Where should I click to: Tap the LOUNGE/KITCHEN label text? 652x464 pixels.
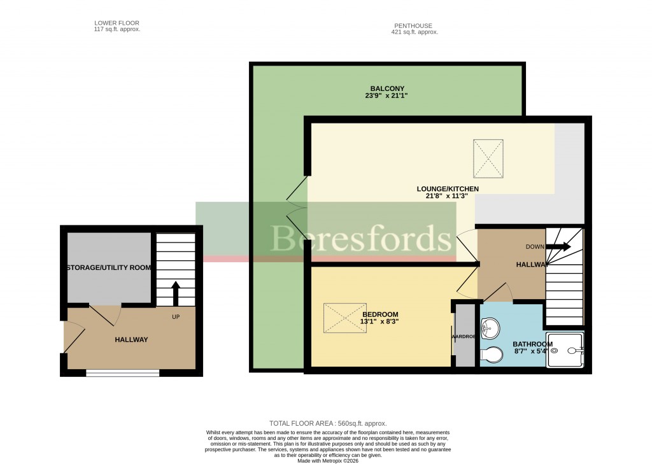(447, 189)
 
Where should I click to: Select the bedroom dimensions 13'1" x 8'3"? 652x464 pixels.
(380, 322)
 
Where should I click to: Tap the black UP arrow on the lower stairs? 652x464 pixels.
(176, 294)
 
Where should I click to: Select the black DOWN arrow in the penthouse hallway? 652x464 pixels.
(558, 246)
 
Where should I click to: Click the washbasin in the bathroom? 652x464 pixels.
(491, 328)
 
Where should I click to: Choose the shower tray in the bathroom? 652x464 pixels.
(565, 349)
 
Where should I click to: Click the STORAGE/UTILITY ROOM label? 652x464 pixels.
(109, 268)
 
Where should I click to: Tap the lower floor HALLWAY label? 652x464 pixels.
(131, 340)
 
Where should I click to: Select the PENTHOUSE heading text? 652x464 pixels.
(415, 25)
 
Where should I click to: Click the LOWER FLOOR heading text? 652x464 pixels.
(117, 23)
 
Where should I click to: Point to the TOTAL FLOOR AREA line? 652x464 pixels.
(328, 423)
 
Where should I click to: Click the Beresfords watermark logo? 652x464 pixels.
(363, 239)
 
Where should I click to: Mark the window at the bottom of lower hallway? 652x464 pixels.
(122, 373)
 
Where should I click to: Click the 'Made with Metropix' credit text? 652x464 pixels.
(327, 461)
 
